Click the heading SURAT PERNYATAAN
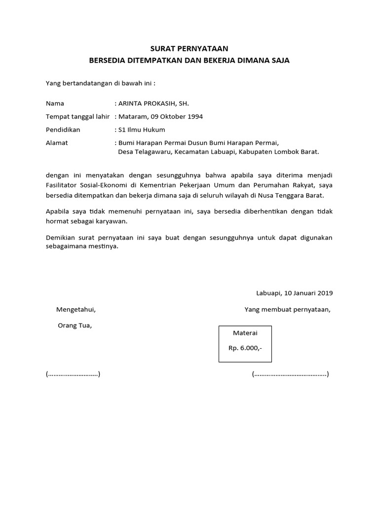(189, 49)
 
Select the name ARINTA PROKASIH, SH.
(153, 104)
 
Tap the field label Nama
(55, 104)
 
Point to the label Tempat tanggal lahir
(77, 117)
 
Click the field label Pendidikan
(63, 130)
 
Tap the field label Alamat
(57, 143)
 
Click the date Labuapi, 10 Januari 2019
(295, 293)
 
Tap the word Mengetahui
(76, 310)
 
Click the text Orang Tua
(75, 325)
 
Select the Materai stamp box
(245, 344)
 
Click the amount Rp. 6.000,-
(245, 348)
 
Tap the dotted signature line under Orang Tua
(73, 374)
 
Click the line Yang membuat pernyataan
(287, 310)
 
